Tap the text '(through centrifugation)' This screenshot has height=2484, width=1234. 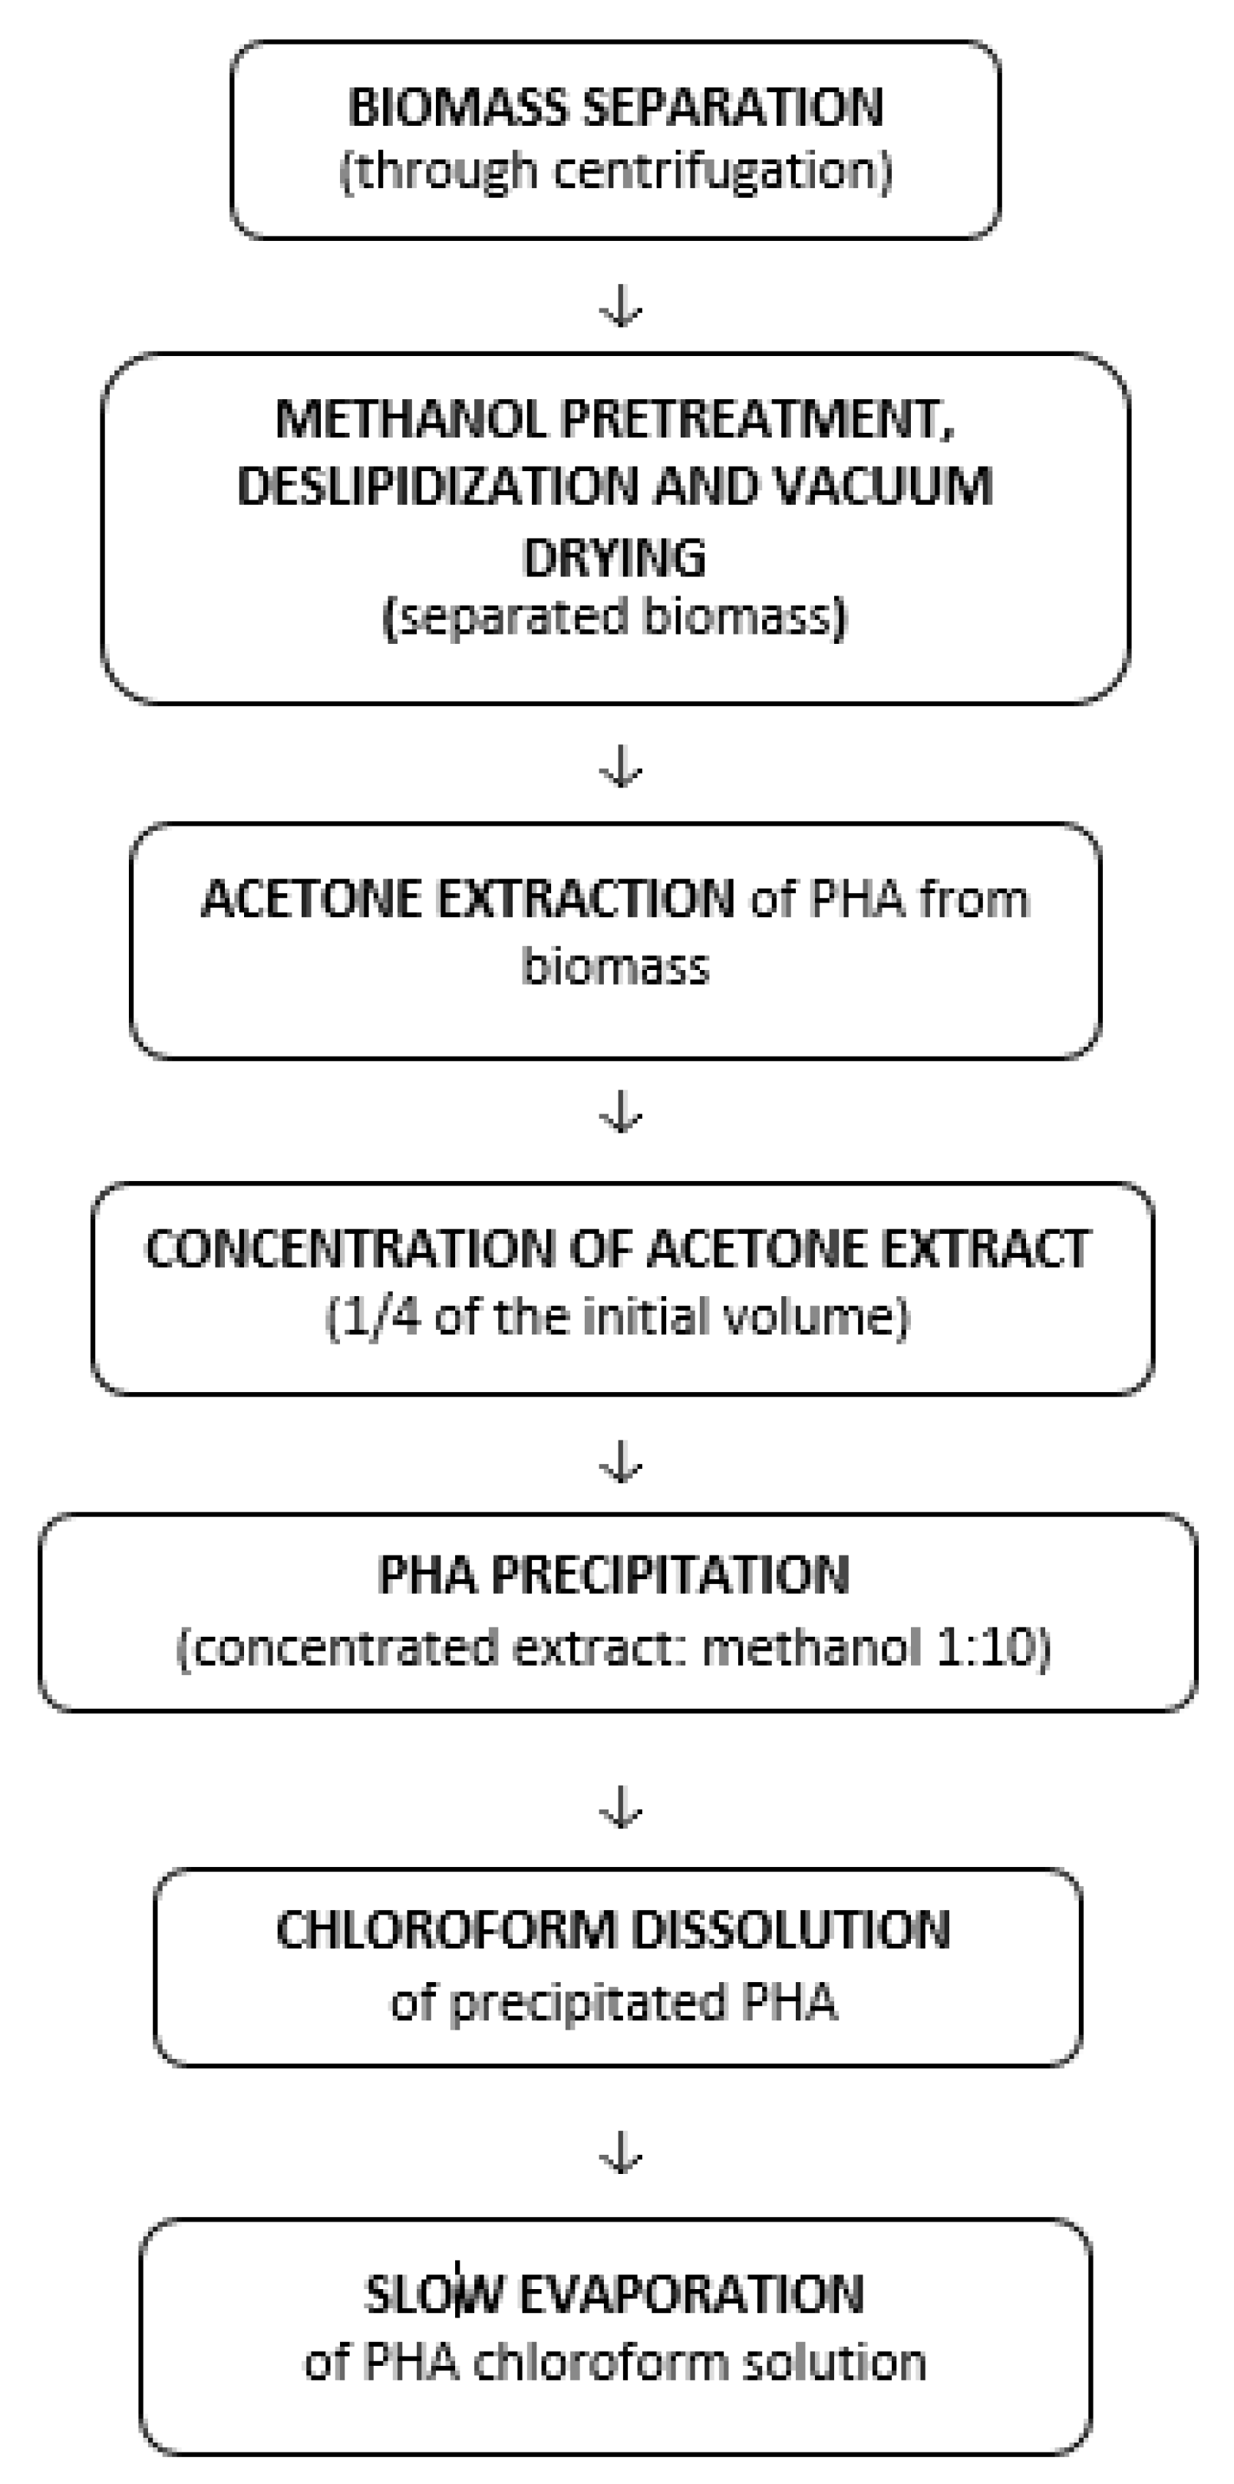(615, 172)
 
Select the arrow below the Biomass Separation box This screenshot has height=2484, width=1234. (621, 308)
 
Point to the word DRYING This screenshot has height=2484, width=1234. (614, 557)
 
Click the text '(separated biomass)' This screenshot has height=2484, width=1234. (614, 617)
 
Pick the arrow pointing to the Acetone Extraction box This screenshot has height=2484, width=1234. (621, 767)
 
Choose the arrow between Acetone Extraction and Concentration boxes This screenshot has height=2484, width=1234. (621, 1113)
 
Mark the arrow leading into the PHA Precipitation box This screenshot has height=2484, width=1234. (621, 1464)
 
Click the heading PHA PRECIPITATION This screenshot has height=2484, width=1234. (613, 1575)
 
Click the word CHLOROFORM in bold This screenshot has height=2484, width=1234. (445, 1931)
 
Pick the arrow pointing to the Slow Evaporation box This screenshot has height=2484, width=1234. (621, 2154)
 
